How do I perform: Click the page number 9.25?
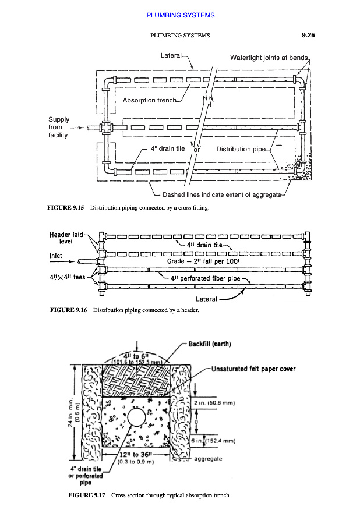pos(308,36)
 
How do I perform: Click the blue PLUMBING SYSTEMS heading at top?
pos(180,15)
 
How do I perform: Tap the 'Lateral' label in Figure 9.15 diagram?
pos(171,55)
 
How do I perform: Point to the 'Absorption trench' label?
pos(149,100)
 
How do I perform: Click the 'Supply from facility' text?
pos(58,128)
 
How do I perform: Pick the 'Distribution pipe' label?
pos(241,149)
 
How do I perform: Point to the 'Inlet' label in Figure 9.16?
pos(57,255)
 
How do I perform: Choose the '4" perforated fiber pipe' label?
pos(206,278)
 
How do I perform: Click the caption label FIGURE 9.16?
pos(65,310)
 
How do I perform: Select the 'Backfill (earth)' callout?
pos(210,344)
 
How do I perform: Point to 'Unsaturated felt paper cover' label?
pos(253,369)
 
